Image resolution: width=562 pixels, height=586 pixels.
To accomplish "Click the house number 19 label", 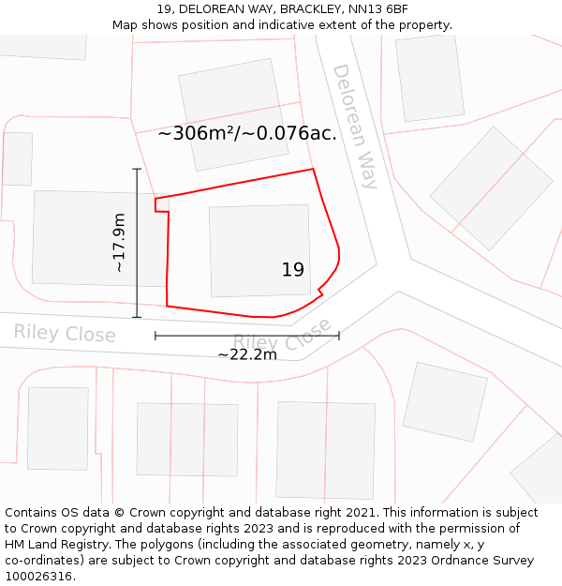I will pos(293,270).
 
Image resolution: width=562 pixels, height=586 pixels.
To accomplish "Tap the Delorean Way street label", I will pos(355,127).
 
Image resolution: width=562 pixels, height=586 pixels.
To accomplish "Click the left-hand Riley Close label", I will pos(65,333).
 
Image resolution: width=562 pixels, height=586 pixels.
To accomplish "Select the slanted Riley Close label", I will pos(282,338).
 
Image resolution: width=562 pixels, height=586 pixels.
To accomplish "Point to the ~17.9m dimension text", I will pos(119,243).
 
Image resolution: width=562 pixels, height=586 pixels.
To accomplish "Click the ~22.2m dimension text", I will pos(247,354).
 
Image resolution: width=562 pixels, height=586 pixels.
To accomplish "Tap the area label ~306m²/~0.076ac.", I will pos(247,133).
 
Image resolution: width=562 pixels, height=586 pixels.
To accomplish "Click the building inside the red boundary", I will pos(259,250).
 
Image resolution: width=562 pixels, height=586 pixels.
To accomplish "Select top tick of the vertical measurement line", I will pos(137,169).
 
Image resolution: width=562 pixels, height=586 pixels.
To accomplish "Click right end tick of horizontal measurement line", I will pos(339,335).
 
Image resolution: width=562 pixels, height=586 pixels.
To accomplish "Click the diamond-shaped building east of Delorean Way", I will pos(491,188).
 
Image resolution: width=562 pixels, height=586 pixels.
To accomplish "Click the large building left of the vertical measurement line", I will pos(86,238).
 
